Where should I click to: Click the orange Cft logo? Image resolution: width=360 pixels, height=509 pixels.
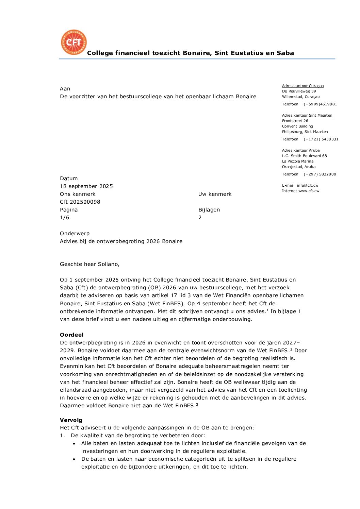73,42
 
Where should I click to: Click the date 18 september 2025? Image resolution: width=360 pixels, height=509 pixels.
86,186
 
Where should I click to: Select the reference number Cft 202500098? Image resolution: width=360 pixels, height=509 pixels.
80,202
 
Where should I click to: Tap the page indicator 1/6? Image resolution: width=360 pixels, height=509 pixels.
65,218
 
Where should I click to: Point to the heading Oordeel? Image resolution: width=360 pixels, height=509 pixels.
72,335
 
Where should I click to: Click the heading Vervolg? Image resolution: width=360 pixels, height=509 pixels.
71,420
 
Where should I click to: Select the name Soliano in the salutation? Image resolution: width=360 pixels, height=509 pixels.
108,264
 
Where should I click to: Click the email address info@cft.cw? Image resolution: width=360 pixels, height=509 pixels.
308,185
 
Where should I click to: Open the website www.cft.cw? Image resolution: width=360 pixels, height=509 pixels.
309,191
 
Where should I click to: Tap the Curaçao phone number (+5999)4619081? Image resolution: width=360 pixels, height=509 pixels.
320,104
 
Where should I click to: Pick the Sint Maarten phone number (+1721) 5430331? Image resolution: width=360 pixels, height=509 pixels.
321,139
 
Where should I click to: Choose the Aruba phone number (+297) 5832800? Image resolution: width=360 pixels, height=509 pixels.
320,174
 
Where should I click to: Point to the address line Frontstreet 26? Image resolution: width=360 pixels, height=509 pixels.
295,121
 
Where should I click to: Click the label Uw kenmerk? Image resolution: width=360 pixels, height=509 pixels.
215,194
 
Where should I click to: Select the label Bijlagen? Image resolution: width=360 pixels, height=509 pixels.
209,210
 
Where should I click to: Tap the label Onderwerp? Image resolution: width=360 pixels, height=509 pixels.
75,234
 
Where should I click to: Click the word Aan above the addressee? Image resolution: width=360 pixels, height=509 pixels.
65,89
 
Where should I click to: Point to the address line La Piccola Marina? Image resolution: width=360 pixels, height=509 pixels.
298,161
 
